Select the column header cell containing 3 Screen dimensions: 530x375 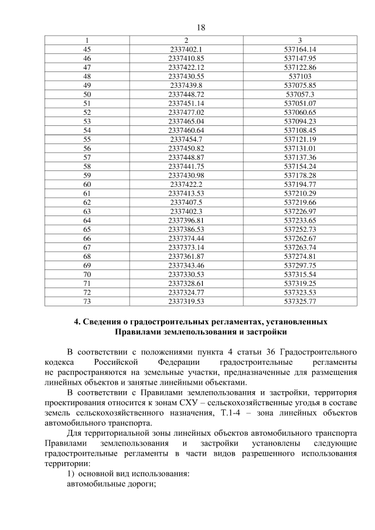[299, 40]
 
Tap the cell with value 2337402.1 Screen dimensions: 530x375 [185, 49]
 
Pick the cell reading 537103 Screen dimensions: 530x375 [299, 76]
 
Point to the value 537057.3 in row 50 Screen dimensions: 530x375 [299, 94]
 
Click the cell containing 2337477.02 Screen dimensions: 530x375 [185, 112]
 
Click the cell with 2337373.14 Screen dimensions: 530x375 [185, 248]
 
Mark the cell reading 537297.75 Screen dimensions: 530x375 [299, 266]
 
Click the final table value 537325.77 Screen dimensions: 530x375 [299, 302]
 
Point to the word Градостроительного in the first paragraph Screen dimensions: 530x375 [320, 352]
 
